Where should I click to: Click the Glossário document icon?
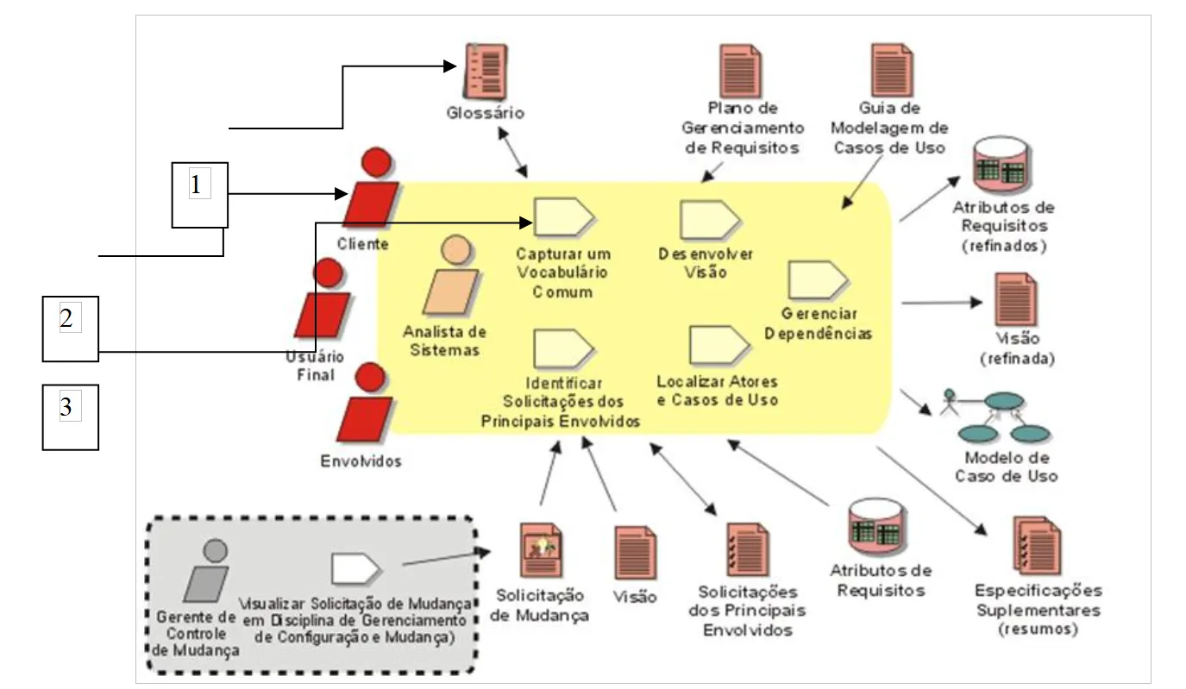(486, 72)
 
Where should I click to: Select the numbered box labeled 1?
(199, 195)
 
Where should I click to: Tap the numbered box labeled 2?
(71, 329)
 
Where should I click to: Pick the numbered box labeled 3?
(71, 417)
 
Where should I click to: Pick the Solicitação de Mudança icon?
(541, 550)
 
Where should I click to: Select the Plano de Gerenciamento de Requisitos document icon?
(741, 71)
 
